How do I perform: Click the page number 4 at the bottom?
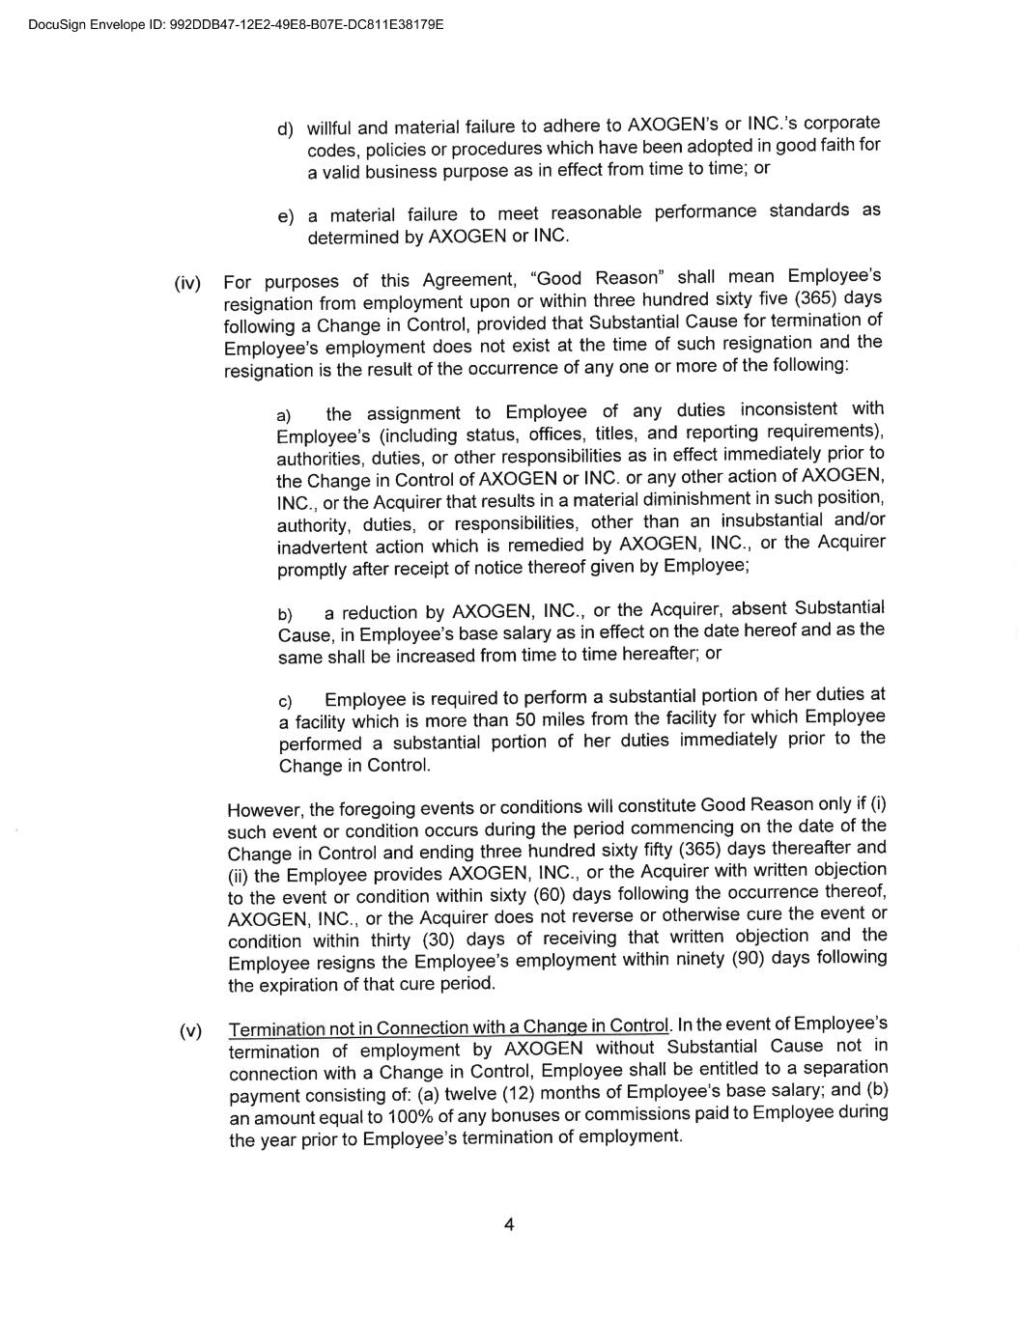coord(509,1225)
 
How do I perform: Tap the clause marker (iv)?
coord(187,283)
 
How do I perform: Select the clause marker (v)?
coord(191,1030)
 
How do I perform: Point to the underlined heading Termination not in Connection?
coord(449,1026)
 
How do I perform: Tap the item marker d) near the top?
coord(285,129)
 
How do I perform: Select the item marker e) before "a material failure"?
coord(286,216)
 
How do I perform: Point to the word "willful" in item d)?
coord(331,127)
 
